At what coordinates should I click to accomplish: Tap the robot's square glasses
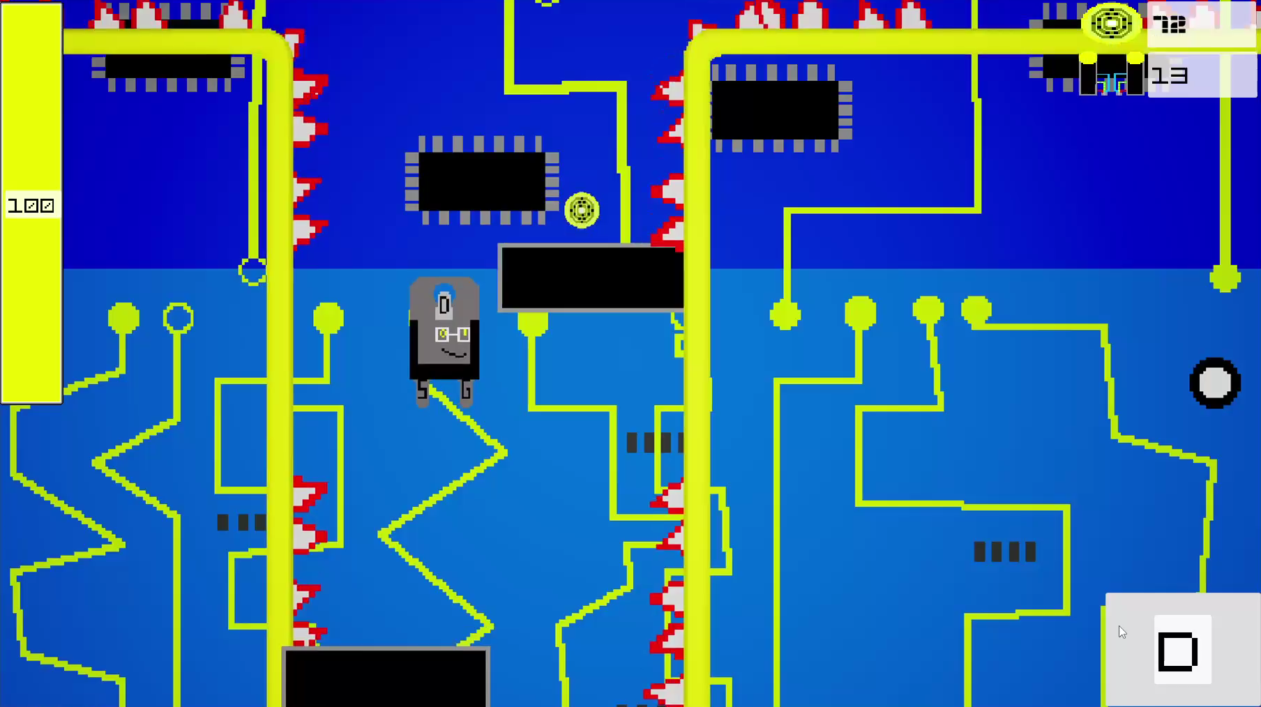pos(453,335)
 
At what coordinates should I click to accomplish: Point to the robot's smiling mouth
pos(454,354)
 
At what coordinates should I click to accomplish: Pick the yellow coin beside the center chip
pos(582,210)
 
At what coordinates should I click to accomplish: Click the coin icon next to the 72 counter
pos(1112,24)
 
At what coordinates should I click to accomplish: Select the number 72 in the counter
pos(1170,25)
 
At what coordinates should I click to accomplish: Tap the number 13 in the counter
pos(1170,75)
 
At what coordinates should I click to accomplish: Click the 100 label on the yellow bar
pos(31,206)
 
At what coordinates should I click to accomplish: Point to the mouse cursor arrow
pos(1122,632)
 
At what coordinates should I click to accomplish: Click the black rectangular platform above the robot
pos(591,278)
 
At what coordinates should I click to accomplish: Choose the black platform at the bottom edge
pos(386,676)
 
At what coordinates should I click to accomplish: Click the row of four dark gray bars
pos(1005,552)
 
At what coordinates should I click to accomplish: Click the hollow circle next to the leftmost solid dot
pos(179,318)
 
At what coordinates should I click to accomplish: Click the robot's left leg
pos(422,393)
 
